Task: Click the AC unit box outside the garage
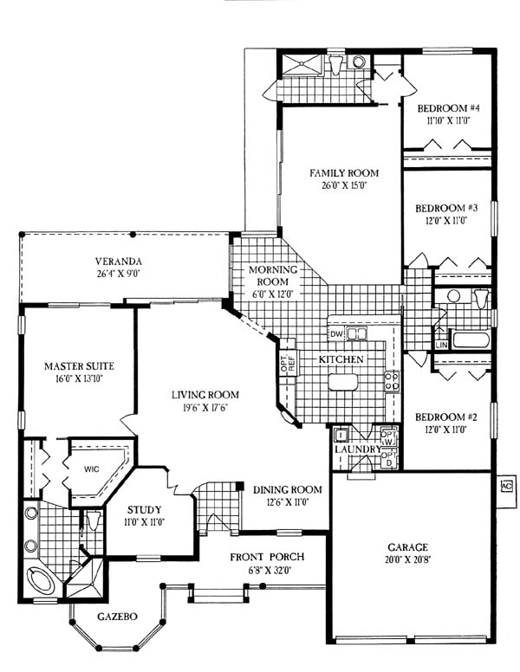click(x=507, y=486)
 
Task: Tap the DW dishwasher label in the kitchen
click(x=337, y=334)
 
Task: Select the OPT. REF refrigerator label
click(x=288, y=364)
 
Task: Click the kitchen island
click(x=343, y=382)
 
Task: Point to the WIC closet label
click(x=91, y=468)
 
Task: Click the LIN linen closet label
click(x=441, y=345)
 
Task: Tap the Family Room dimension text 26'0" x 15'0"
click(x=340, y=185)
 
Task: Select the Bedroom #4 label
click(x=449, y=108)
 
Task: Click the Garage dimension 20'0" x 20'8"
click(x=407, y=559)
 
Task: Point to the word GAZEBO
click(x=117, y=617)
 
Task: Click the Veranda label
click(x=119, y=261)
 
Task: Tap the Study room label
click(x=144, y=509)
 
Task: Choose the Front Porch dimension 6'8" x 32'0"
click(x=266, y=571)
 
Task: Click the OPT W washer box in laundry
click(x=389, y=437)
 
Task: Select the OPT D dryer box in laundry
click(x=389, y=459)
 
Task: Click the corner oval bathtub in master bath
click(x=42, y=581)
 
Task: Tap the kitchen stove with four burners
click(x=392, y=381)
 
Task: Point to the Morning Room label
click(x=273, y=275)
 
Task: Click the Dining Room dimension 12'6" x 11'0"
click(x=287, y=501)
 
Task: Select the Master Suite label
click(x=80, y=366)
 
